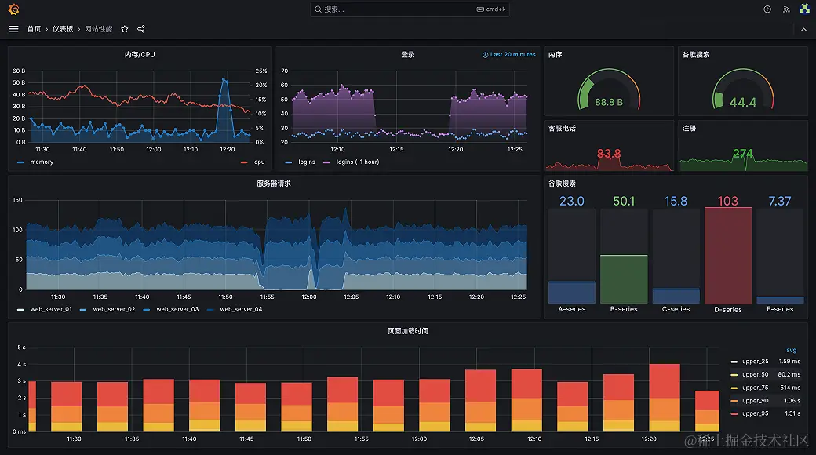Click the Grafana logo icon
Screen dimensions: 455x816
click(x=13, y=9)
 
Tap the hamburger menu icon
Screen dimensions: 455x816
click(x=13, y=29)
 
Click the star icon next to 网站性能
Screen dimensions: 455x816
click(x=125, y=29)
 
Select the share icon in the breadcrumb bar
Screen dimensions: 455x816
click(x=141, y=29)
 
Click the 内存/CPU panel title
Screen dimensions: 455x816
click(x=140, y=55)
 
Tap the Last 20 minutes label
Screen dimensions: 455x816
click(x=512, y=55)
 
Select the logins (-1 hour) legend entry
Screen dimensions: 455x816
click(x=357, y=162)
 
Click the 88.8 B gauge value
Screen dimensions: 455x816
click(x=609, y=103)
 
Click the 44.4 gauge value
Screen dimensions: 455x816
click(x=743, y=103)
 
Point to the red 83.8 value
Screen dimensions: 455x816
click(x=609, y=154)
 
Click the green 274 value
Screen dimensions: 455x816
click(x=743, y=154)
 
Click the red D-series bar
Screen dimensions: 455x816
click(x=727, y=255)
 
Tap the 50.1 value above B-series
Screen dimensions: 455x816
click(x=624, y=202)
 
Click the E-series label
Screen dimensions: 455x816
click(x=779, y=310)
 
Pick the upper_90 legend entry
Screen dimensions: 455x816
click(x=755, y=400)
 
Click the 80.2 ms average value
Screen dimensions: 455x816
click(x=789, y=375)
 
